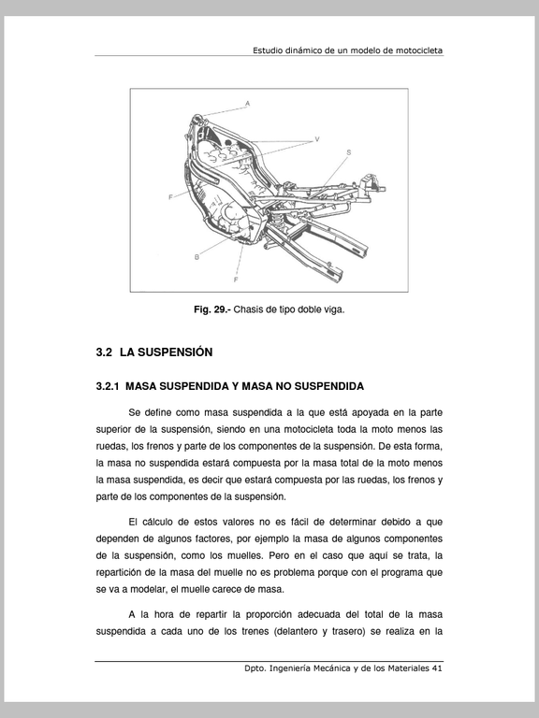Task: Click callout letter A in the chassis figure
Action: pos(247,104)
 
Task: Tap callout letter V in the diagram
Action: pos(317,139)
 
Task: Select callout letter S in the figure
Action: pos(349,152)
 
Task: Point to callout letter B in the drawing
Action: pos(197,257)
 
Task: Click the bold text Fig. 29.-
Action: pos(212,309)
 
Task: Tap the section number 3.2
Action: pos(104,352)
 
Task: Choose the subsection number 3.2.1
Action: pos(108,386)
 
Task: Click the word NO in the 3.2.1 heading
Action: pos(284,386)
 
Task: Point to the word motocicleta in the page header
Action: pos(419,50)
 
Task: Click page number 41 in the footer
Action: pos(437,668)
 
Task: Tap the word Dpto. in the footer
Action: pos(255,668)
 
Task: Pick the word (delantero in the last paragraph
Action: pos(296,631)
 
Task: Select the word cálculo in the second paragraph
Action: pos(157,522)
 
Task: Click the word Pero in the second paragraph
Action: pos(278,556)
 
